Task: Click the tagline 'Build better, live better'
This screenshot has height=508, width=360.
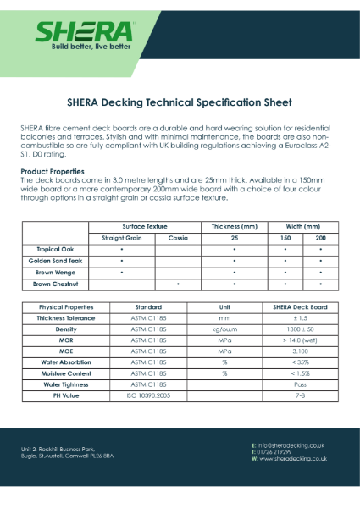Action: pos(83,46)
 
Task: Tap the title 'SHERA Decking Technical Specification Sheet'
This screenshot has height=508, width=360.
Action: pos(180,102)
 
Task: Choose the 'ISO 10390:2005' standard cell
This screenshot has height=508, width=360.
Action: pos(148,394)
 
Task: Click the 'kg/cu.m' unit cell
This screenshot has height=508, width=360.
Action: pos(224,329)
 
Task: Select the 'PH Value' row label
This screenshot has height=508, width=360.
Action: pos(58,394)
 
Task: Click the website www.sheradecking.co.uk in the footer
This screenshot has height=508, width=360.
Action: pos(289,458)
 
